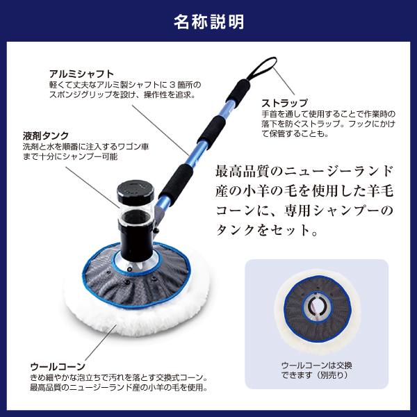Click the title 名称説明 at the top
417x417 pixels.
click(x=208, y=21)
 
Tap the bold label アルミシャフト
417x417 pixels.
click(x=81, y=73)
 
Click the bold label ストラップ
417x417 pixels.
click(x=284, y=103)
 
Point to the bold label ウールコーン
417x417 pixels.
click(x=58, y=366)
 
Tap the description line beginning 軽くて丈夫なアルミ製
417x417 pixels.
click(x=121, y=83)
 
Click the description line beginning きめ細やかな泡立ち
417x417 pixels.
click(x=118, y=377)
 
